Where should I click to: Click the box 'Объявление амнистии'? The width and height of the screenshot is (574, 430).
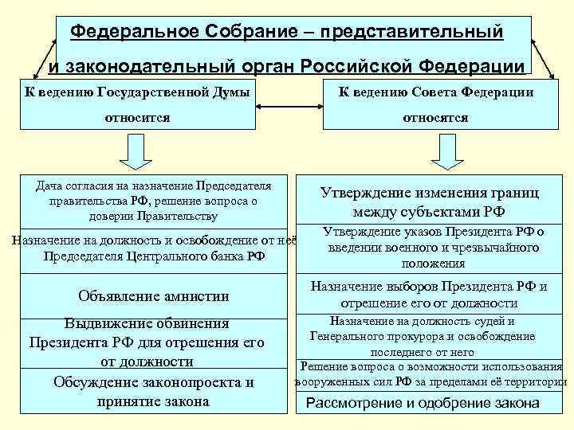point(154,296)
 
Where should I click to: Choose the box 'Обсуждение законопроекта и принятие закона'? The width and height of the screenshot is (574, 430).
point(154,392)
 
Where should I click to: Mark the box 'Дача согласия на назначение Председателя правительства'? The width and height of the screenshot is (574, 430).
point(154,201)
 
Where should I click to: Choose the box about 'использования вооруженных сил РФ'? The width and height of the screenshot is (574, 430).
point(431,373)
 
